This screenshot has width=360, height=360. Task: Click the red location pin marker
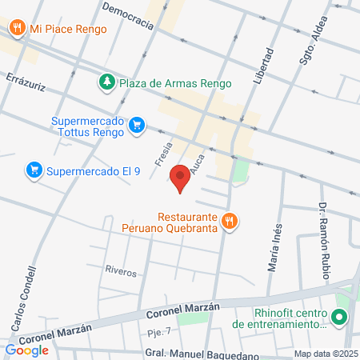point(181,178)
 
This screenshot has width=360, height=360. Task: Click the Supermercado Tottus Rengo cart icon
point(138,125)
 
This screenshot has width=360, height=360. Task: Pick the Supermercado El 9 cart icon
point(34,170)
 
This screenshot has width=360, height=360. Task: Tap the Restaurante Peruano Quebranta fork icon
point(230,222)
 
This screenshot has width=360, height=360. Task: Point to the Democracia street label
point(129,15)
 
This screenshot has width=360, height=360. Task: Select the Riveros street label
point(121,270)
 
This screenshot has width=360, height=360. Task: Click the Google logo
point(26,350)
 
